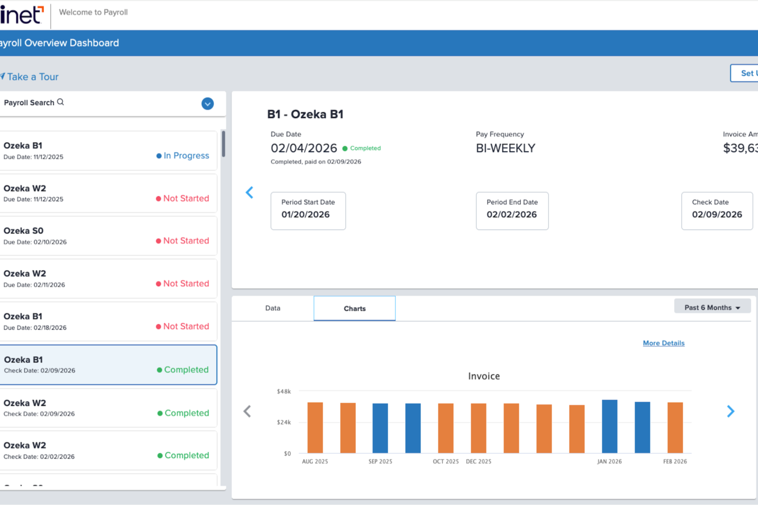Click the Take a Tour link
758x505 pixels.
pos(32,77)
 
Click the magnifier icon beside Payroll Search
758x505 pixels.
pos(60,102)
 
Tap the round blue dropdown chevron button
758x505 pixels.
pos(207,104)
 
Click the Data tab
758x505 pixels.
pos(272,308)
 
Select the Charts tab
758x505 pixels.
pos(354,309)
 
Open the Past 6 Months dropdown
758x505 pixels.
pos(712,308)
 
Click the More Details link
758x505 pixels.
pos(663,343)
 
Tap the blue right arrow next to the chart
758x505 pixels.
pos(730,411)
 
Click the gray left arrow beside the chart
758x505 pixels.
pos(247,411)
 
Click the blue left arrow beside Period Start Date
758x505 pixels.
pos(249,192)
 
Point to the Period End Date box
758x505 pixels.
pos(512,211)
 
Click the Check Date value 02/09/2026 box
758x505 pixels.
pos(717,211)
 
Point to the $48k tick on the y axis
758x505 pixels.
pos(284,391)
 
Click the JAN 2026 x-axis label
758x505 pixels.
pos(609,462)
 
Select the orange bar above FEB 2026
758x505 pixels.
pos(675,427)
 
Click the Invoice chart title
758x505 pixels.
pos(483,376)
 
